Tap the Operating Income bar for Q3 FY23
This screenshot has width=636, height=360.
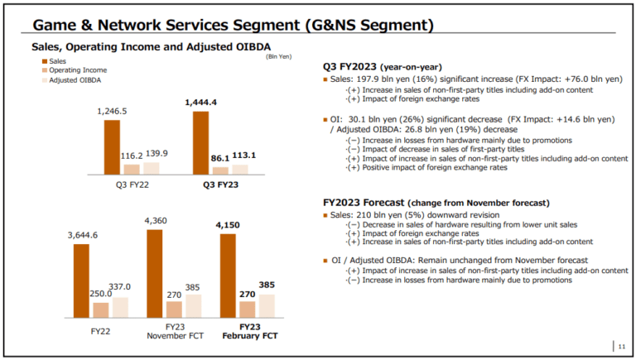point(220,170)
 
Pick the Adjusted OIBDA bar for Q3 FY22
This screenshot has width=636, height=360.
point(151,168)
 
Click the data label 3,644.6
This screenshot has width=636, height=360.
point(83,236)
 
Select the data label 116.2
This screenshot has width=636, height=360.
point(132,156)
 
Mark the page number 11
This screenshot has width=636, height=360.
point(622,347)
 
